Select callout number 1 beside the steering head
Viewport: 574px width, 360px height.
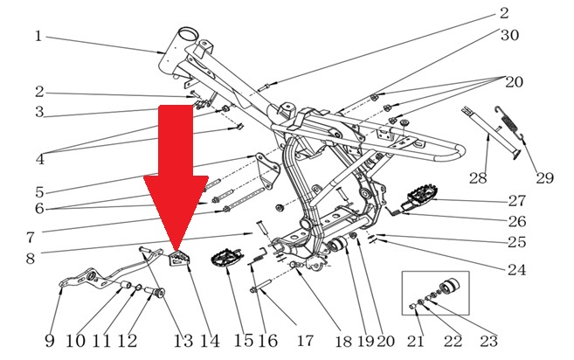(38, 37)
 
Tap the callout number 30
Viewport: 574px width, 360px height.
(509, 35)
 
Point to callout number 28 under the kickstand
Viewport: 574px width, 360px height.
(478, 178)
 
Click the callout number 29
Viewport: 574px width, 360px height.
(544, 178)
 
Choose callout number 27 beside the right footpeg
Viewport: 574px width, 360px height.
(517, 201)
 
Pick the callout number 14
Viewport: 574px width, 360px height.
(210, 342)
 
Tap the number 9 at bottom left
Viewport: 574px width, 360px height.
(50, 341)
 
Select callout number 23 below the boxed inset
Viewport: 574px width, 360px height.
(488, 342)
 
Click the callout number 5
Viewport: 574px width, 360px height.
(39, 192)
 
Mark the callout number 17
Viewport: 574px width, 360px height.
(305, 341)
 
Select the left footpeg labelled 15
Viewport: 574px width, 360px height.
(226, 258)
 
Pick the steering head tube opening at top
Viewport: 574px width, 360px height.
(189, 35)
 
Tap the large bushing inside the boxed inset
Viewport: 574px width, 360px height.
(449, 287)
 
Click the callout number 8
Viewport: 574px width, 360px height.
(31, 259)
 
